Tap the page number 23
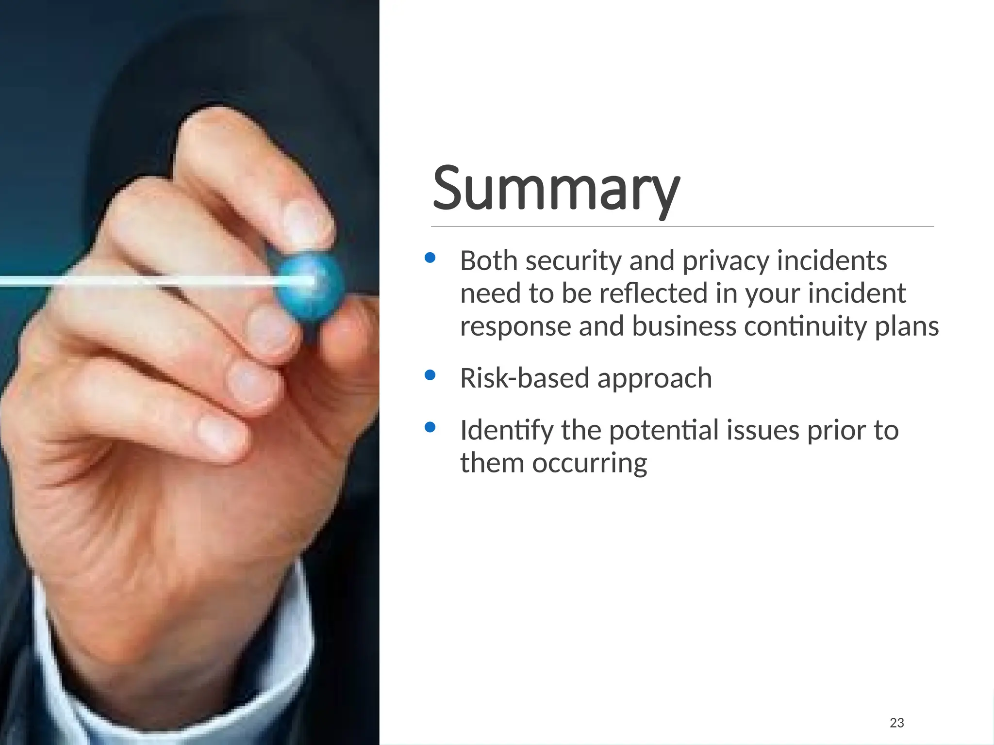896,723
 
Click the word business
684,326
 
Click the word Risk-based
524,378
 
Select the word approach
654,379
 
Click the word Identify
506,431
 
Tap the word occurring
589,463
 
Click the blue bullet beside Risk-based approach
430,375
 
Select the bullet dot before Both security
430,258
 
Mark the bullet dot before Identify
430,427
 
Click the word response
515,326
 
